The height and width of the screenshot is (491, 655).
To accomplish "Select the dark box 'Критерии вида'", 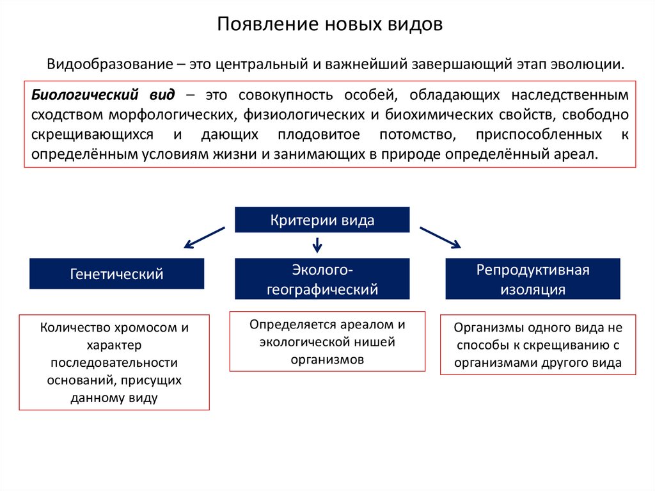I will pos(322,220).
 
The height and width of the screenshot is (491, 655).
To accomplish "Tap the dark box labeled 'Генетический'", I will pos(116,274).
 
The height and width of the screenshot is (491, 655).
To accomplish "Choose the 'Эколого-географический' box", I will pos(322,279).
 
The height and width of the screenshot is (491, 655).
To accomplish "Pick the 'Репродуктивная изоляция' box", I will pos(532,279).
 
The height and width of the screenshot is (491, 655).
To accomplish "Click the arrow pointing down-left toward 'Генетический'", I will pos(204,237).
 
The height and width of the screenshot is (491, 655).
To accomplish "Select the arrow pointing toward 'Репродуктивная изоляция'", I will pos(439,237).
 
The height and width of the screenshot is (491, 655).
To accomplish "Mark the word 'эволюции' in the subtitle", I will pos(593,65).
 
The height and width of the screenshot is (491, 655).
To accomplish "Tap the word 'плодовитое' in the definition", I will pos(319,134).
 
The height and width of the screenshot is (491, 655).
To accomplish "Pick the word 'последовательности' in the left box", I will pos(114,363).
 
